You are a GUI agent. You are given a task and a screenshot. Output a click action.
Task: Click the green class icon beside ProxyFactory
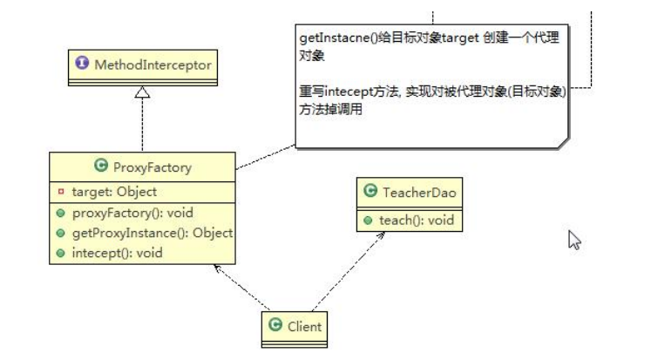(99, 166)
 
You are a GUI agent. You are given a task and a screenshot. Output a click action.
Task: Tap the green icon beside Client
(276, 327)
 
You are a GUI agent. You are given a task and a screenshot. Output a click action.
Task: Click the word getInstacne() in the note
(332, 39)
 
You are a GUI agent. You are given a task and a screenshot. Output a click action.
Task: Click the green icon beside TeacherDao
(371, 193)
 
